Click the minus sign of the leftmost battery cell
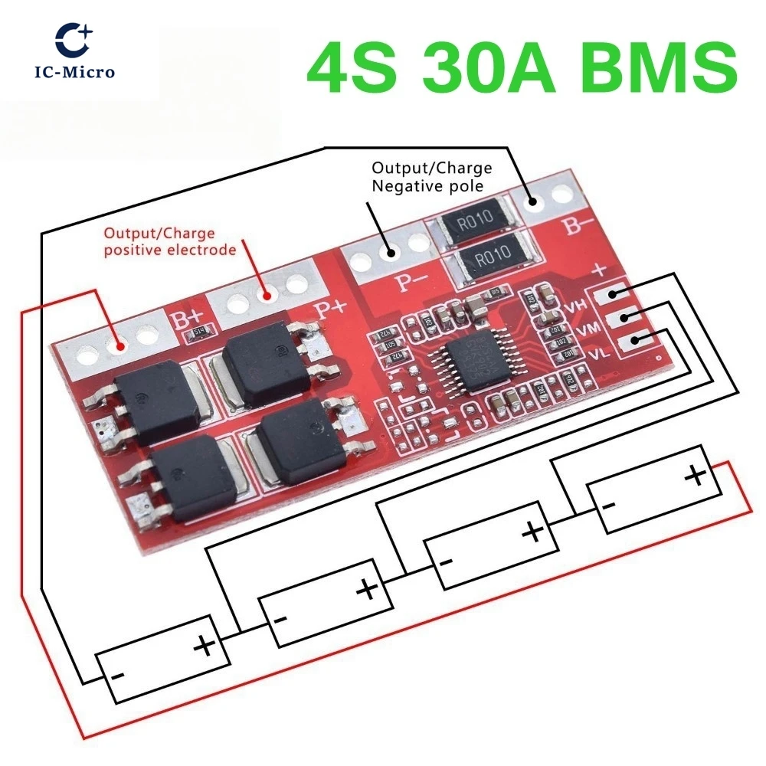pos(119,676)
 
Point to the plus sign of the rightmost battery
pos(696,476)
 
